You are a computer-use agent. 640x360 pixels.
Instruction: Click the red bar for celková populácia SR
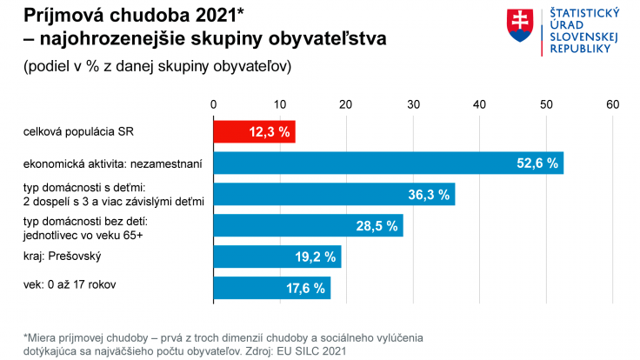[254, 132]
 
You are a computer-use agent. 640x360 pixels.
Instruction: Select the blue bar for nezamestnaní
[388, 163]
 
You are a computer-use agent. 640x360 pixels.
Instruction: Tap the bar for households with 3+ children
[334, 194]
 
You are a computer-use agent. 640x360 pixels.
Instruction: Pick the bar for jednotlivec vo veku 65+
[308, 225]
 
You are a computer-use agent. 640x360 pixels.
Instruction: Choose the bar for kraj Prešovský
[277, 257]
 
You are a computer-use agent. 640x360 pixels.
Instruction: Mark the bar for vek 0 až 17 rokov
[271, 287]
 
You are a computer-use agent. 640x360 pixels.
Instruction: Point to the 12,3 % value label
[269, 132]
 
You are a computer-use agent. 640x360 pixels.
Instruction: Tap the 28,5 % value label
[377, 225]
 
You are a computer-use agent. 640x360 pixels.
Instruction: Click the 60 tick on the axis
[612, 103]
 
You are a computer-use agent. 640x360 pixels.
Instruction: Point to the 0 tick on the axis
[214, 103]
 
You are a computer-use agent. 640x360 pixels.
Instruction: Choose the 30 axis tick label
[413, 103]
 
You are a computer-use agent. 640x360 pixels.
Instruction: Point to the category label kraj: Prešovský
[64, 257]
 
